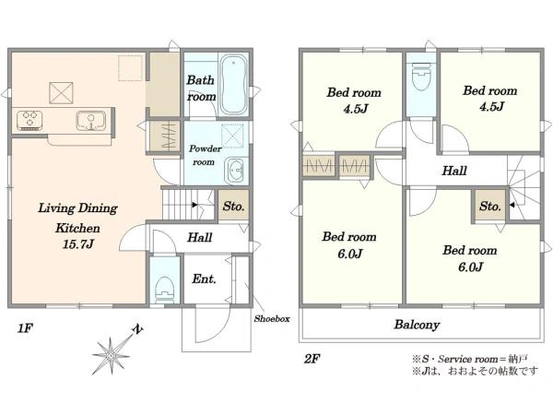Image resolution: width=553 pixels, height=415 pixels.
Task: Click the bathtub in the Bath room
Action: tap(233, 85)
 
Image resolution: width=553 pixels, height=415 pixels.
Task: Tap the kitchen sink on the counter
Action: tap(91, 121)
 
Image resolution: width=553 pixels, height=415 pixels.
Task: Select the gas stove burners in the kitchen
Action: tap(29, 120)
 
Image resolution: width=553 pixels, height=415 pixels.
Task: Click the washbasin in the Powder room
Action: tap(235, 171)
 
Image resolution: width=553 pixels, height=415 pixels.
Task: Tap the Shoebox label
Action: tap(272, 319)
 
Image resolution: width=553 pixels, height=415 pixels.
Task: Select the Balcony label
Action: tap(417, 325)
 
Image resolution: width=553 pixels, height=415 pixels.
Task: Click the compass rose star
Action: tap(112, 356)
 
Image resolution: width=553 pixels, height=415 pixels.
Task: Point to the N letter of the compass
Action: tap(137, 330)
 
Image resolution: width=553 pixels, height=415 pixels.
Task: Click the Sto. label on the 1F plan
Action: tap(233, 206)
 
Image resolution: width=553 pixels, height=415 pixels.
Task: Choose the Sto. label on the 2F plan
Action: tap(490, 206)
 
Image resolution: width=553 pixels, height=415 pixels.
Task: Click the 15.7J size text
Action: tap(78, 244)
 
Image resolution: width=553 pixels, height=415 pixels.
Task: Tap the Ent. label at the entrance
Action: tap(204, 279)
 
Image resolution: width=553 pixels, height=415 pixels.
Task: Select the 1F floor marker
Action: tap(25, 328)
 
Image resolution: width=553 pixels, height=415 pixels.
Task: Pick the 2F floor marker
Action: tap(312, 359)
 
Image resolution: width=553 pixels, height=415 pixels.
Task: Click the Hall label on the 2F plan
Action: tap(454, 172)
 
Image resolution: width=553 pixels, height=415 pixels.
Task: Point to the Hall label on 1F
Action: tap(200, 238)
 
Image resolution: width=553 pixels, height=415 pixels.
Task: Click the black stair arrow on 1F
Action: tap(194, 205)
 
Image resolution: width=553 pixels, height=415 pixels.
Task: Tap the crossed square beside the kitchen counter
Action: tap(61, 93)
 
